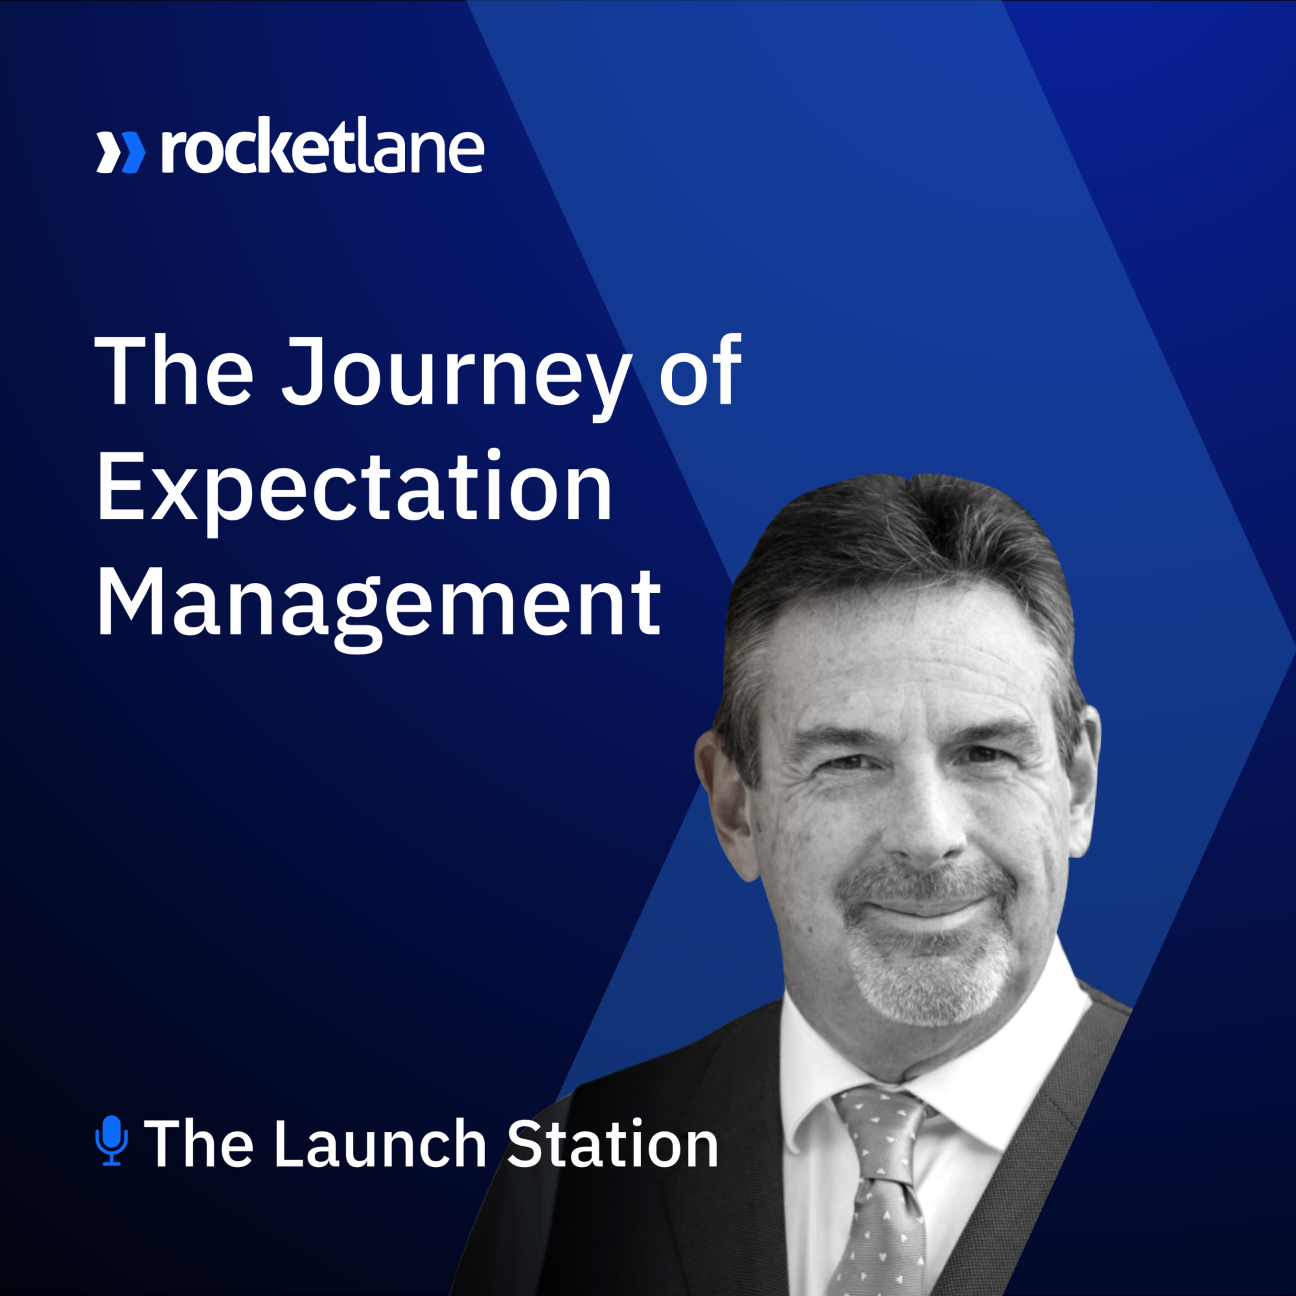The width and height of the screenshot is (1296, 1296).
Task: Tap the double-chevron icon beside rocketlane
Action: tap(121, 152)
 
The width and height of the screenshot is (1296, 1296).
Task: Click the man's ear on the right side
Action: tap(1081, 778)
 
